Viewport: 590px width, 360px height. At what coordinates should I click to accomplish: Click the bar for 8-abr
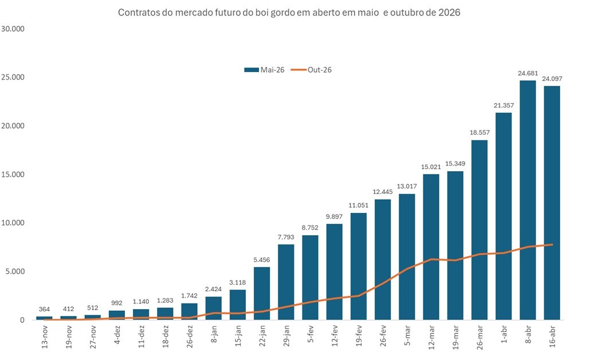coord(528,200)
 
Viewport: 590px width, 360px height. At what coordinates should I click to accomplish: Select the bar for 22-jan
coord(262,293)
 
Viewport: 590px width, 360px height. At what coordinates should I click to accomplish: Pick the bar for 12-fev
coord(335,272)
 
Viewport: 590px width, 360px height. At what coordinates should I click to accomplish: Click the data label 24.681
coord(528,73)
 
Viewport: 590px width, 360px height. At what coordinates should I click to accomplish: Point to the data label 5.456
coord(262,260)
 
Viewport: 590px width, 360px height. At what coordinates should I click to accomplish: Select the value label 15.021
coord(431,167)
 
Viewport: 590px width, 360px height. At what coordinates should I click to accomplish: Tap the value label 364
coord(44,310)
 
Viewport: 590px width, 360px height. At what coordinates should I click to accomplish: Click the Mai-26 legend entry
coord(265,70)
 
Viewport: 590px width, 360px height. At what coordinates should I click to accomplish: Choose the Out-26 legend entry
coord(312,70)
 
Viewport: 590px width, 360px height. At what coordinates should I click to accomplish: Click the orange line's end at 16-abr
coord(552,245)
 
